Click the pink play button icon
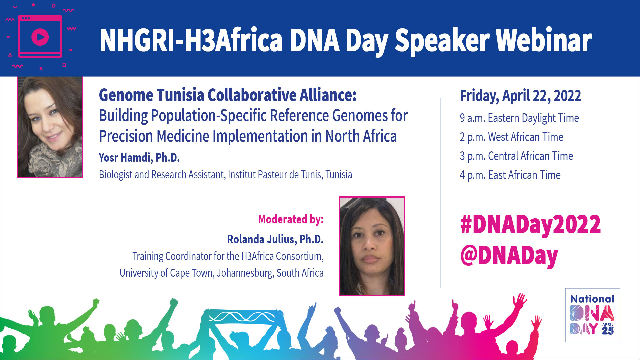(40, 37)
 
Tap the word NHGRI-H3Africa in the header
(191, 40)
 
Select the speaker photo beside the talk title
(50, 127)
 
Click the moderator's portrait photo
(372, 246)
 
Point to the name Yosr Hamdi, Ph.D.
(139, 158)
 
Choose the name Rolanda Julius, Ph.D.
(275, 239)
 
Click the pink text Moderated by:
(291, 220)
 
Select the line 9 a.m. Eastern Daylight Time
(519, 118)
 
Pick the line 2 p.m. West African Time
(512, 137)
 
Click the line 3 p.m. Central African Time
(516, 156)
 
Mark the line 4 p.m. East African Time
(510, 175)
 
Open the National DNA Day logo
(593, 315)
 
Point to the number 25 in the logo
(608, 331)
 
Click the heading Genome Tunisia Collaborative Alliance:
(228, 95)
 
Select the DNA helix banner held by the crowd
(242, 316)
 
